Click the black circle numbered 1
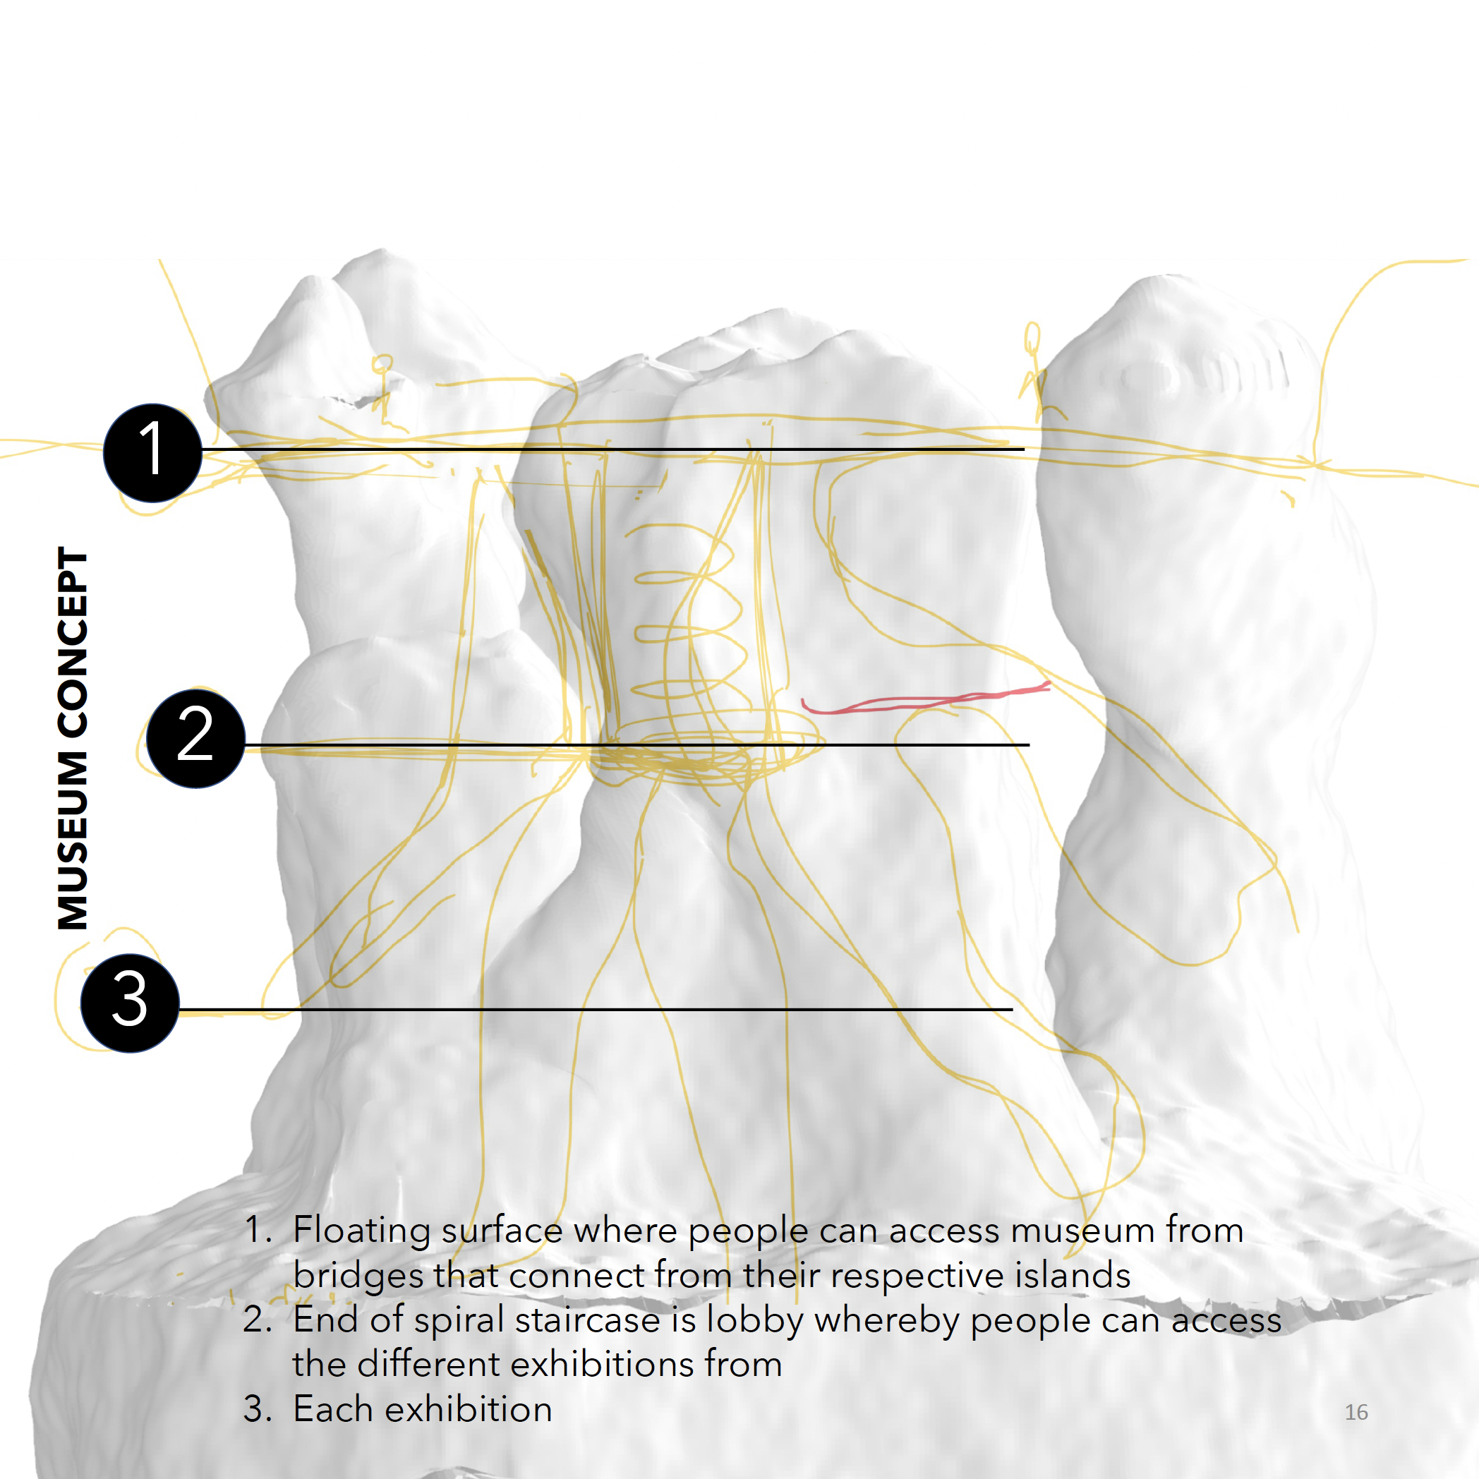click(152, 453)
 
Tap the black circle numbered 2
click(196, 738)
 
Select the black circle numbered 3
click(130, 1003)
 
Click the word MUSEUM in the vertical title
click(73, 841)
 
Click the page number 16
click(1356, 1413)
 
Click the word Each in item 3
click(333, 1409)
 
